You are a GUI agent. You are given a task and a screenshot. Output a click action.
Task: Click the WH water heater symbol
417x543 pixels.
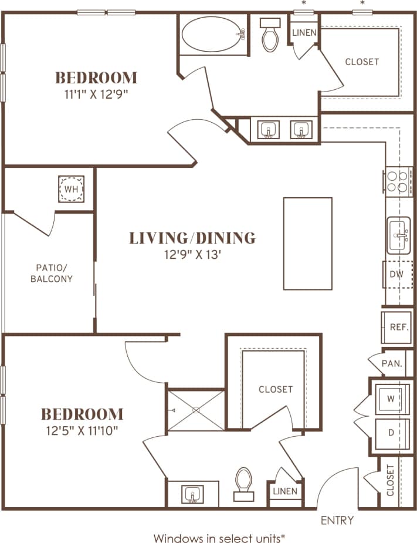pos(70,190)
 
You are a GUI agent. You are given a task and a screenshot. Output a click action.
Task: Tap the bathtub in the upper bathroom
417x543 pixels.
pos(212,36)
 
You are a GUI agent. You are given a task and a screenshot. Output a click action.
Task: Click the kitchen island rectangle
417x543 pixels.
pos(307,244)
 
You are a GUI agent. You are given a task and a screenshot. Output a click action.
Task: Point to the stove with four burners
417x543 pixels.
pos(398,181)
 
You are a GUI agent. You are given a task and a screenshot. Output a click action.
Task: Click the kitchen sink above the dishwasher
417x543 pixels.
pos(399,235)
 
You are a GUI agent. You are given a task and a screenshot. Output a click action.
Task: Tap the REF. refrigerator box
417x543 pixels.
pos(399,327)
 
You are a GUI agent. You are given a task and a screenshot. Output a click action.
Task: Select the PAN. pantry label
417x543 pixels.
pos(391,363)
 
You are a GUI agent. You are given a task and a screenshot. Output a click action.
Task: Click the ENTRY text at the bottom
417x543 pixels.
pos(337,520)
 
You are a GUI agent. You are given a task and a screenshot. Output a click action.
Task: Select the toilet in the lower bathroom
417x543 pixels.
pos(243,484)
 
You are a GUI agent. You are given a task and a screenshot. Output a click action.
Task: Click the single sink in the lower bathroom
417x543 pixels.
pos(192,494)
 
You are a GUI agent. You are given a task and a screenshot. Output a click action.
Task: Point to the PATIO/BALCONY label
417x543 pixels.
pos(52,274)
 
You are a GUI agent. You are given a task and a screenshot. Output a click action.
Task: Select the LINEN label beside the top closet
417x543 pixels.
pos(304,33)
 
